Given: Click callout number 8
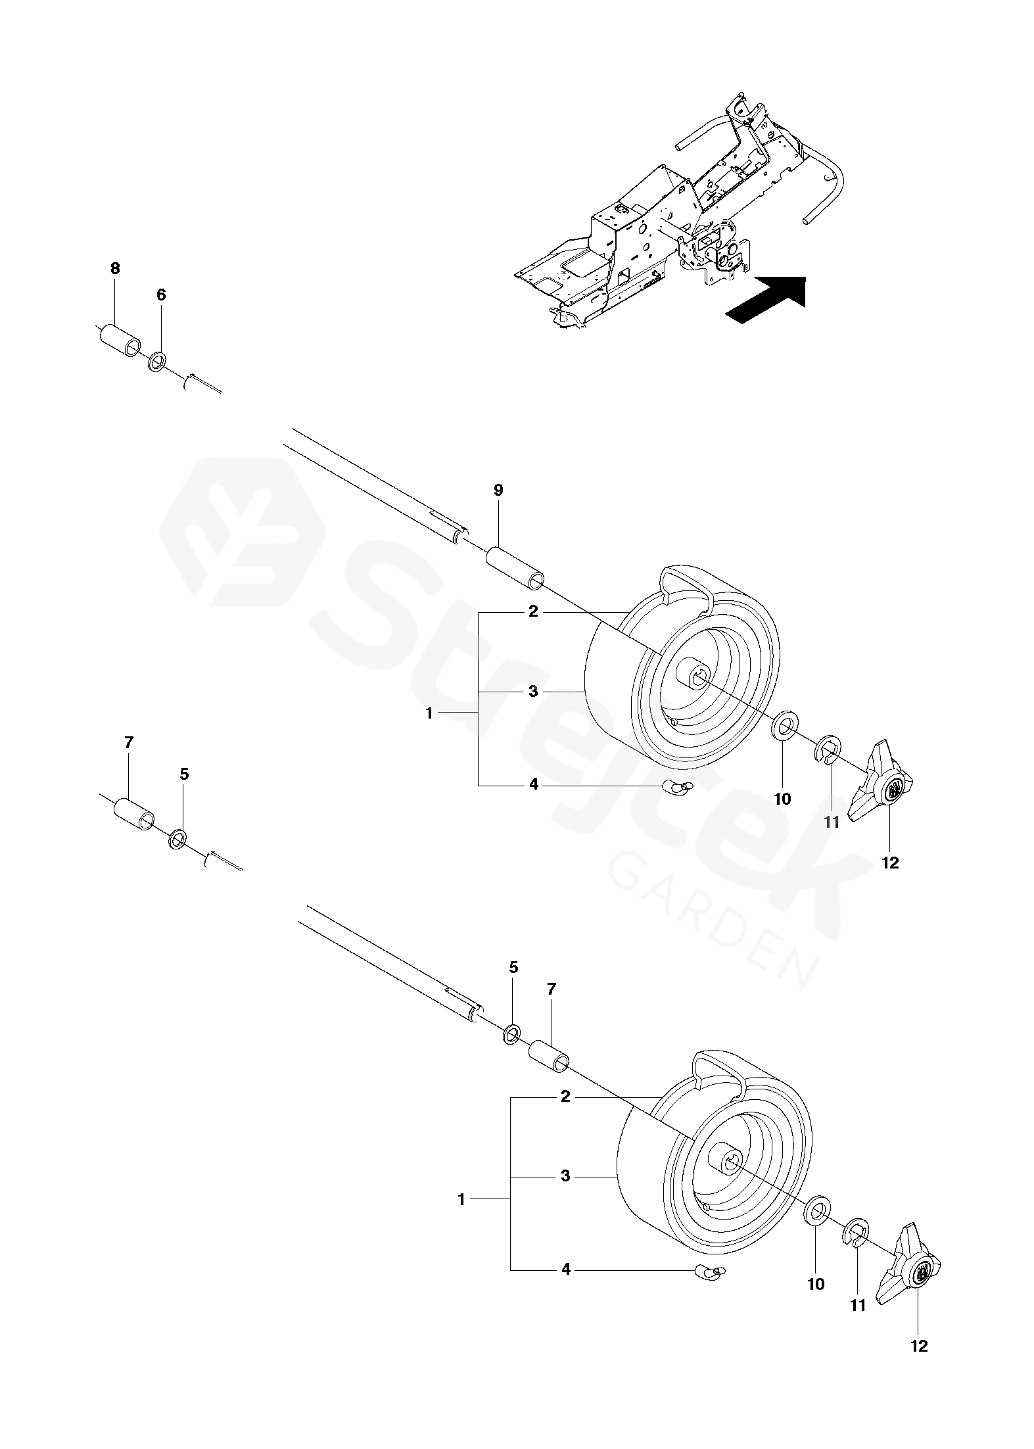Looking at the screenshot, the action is coord(115,268).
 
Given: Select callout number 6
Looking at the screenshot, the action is coord(161,295).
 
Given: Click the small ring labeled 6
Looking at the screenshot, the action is coord(158,362).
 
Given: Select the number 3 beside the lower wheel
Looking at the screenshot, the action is coord(565,1176).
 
